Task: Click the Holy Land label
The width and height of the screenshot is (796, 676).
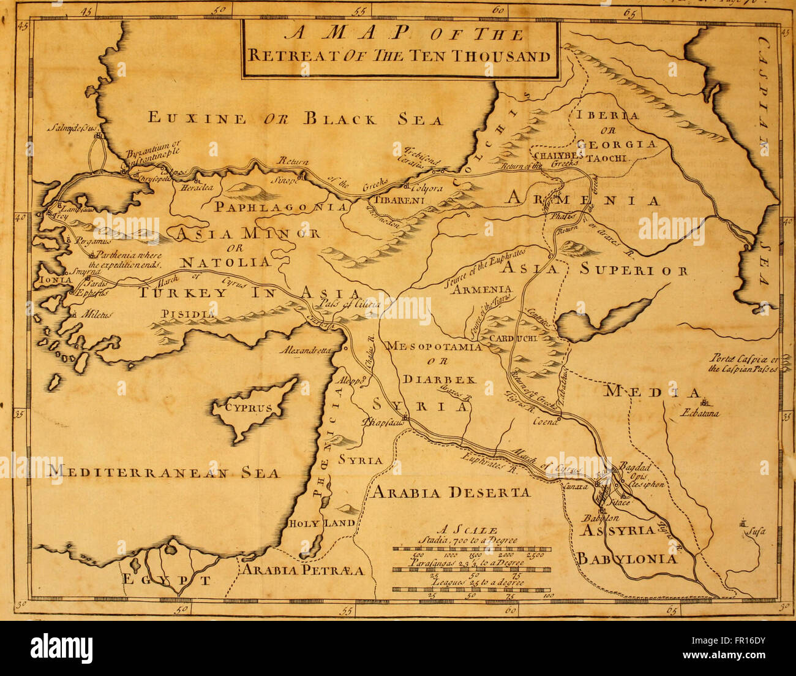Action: tap(322, 523)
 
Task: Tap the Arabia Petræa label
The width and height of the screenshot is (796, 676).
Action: tap(303, 570)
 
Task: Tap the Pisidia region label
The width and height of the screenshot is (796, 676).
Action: tap(188, 314)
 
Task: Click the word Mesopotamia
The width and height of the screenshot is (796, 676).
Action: tap(434, 346)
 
